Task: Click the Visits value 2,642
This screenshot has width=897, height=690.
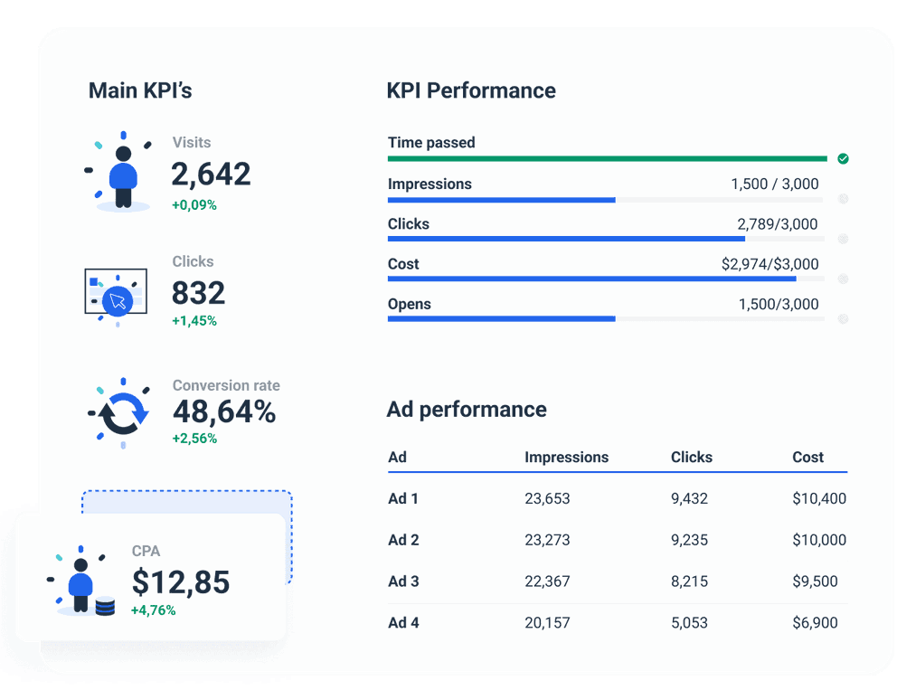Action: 211,174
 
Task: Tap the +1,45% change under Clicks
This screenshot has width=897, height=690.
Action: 194,321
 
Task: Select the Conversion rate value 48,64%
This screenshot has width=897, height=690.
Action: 224,412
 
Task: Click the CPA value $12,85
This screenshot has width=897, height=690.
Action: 181,581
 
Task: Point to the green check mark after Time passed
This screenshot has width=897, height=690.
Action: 843,158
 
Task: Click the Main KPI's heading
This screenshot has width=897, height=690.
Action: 140,90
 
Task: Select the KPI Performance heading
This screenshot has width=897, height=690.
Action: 471,90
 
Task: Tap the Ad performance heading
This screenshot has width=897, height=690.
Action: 467,409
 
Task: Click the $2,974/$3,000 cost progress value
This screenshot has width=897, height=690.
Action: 770,264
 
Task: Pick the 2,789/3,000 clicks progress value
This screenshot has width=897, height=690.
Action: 778,224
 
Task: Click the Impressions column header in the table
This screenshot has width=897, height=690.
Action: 566,457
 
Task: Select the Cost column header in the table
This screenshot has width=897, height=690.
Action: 807,457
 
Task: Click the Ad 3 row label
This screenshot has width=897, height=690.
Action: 403,581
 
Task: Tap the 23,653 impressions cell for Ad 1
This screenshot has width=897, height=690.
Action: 547,498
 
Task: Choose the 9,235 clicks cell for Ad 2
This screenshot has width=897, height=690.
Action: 689,540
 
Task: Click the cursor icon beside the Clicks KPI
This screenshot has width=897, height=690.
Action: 117,300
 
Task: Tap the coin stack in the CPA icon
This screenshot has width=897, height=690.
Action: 105,605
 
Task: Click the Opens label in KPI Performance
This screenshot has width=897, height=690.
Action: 409,304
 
